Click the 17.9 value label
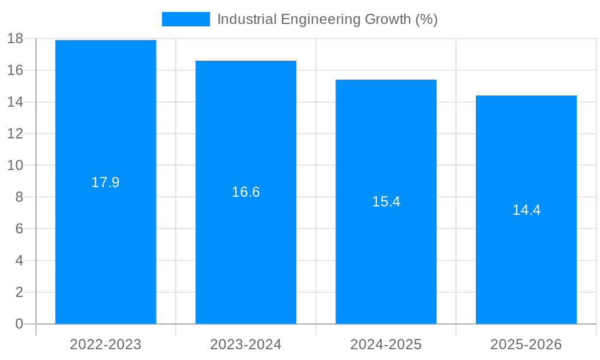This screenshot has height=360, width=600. click(106, 182)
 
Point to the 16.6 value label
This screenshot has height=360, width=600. click(246, 192)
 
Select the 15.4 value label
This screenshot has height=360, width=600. click(386, 202)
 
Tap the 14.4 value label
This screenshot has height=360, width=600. click(526, 210)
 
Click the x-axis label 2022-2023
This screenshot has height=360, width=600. click(106, 344)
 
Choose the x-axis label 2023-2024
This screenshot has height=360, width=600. click(246, 344)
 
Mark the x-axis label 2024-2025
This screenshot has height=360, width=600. click(386, 344)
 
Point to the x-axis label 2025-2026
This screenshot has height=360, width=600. click(526, 344)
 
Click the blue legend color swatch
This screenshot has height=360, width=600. click(186, 19)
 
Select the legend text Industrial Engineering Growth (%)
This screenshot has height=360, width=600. click(327, 19)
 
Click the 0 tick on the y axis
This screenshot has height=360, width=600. click(19, 324)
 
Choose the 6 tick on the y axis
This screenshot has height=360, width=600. click(19, 229)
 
